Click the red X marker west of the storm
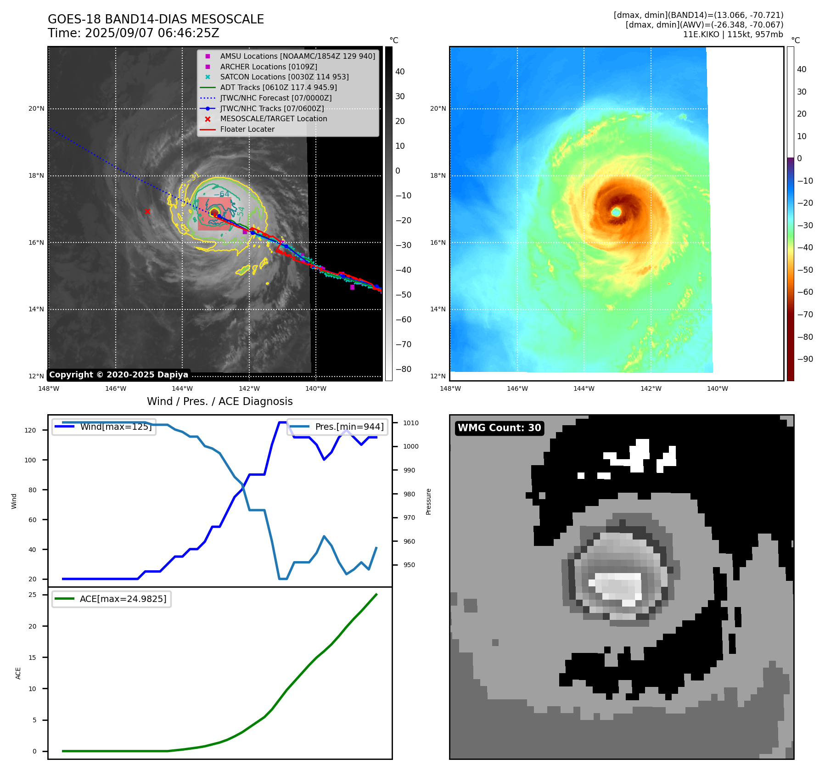point(147,212)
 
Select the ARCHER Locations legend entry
point(268,67)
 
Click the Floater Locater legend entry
point(247,129)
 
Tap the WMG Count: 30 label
point(499,428)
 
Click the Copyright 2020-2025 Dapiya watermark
point(118,375)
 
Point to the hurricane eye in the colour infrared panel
point(616,212)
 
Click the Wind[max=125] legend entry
point(115,427)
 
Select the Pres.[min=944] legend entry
point(349,427)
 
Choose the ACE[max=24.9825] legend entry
point(123,599)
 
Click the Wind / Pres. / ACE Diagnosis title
point(219,401)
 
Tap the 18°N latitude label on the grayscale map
point(36,176)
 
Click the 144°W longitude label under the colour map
point(584,389)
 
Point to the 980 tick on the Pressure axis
point(409,494)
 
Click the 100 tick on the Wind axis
point(30,460)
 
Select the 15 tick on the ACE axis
point(32,658)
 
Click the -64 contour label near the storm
point(221,194)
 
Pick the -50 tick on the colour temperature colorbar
point(805,270)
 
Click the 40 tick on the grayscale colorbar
point(400,72)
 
